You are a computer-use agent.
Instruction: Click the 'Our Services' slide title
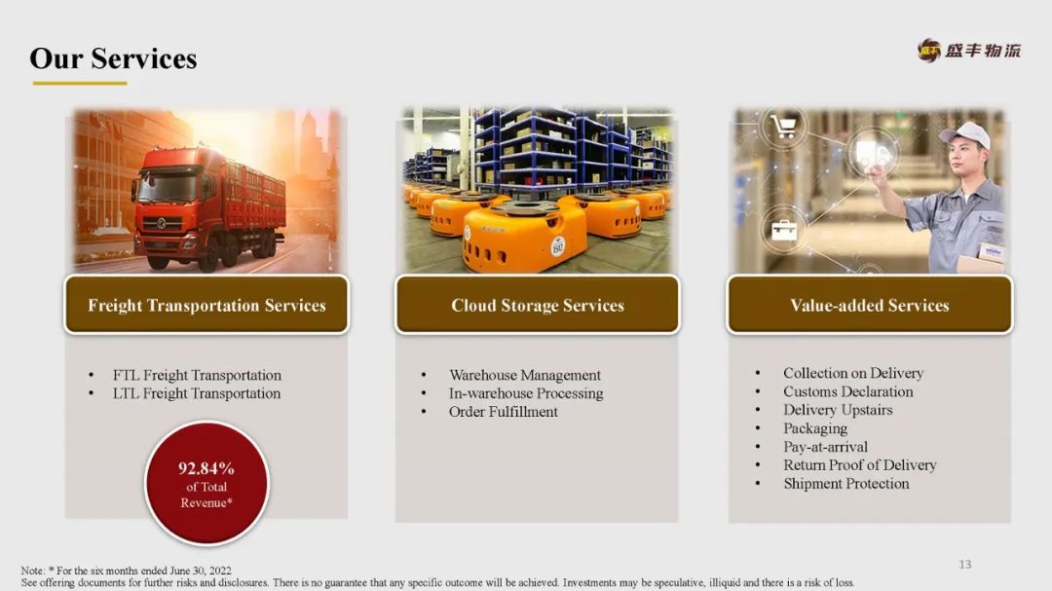(x=113, y=58)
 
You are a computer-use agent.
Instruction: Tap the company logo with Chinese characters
(x=969, y=51)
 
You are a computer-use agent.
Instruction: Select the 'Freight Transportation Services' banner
(x=207, y=305)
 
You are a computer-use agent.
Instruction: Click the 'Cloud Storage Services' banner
(x=538, y=305)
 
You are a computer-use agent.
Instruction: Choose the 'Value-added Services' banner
(x=870, y=305)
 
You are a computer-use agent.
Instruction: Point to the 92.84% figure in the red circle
(x=206, y=467)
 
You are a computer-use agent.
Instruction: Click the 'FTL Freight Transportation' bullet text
(x=197, y=375)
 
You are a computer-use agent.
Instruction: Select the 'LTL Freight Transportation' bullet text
(x=197, y=393)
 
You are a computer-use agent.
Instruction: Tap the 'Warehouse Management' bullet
(x=525, y=375)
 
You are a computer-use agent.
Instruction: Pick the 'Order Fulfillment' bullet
(x=504, y=412)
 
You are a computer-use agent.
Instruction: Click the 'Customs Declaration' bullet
(x=848, y=391)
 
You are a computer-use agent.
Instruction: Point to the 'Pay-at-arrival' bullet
(x=825, y=447)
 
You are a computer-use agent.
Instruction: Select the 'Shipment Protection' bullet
(x=846, y=484)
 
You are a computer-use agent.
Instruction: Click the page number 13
(x=964, y=564)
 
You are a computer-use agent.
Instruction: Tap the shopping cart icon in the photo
(x=783, y=126)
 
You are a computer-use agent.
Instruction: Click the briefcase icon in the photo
(x=783, y=230)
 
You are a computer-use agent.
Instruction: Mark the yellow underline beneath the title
(x=80, y=83)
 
